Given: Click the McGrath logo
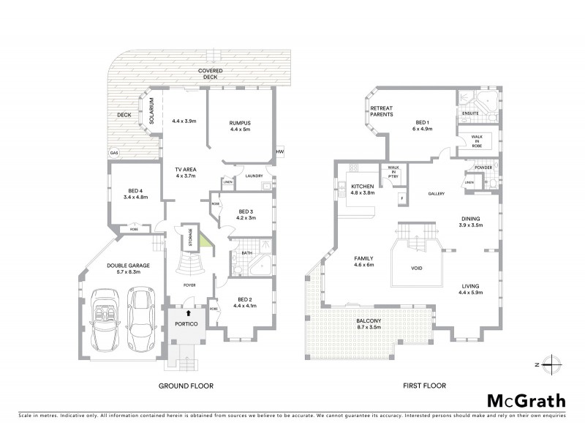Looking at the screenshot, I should [x=526, y=400].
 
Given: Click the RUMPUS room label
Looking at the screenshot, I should [x=240, y=122].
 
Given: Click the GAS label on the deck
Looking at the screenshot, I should [x=114, y=153].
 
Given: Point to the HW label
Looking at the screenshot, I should [x=279, y=151].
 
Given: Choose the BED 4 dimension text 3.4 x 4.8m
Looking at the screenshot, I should [x=136, y=197].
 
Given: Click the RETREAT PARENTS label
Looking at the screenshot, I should [x=380, y=111].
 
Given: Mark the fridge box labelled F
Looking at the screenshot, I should [x=401, y=198].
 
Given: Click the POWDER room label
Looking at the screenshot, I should [x=483, y=167].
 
